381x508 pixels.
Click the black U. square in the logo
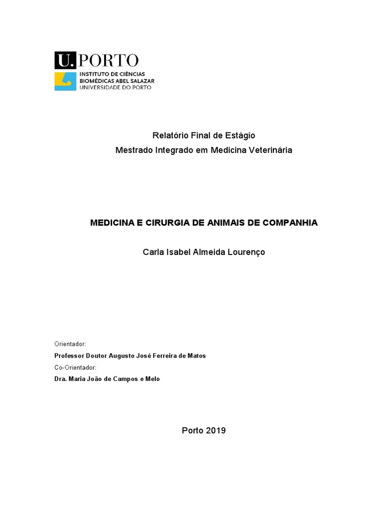[64, 60]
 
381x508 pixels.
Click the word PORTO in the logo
[109, 61]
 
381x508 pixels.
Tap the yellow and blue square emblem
[65, 81]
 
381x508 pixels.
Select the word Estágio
[240, 135]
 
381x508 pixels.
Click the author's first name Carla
[153, 252]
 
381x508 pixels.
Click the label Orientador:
[70, 344]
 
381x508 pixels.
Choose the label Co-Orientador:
[75, 367]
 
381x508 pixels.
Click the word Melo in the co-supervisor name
[153, 379]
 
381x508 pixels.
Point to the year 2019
[216, 430]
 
